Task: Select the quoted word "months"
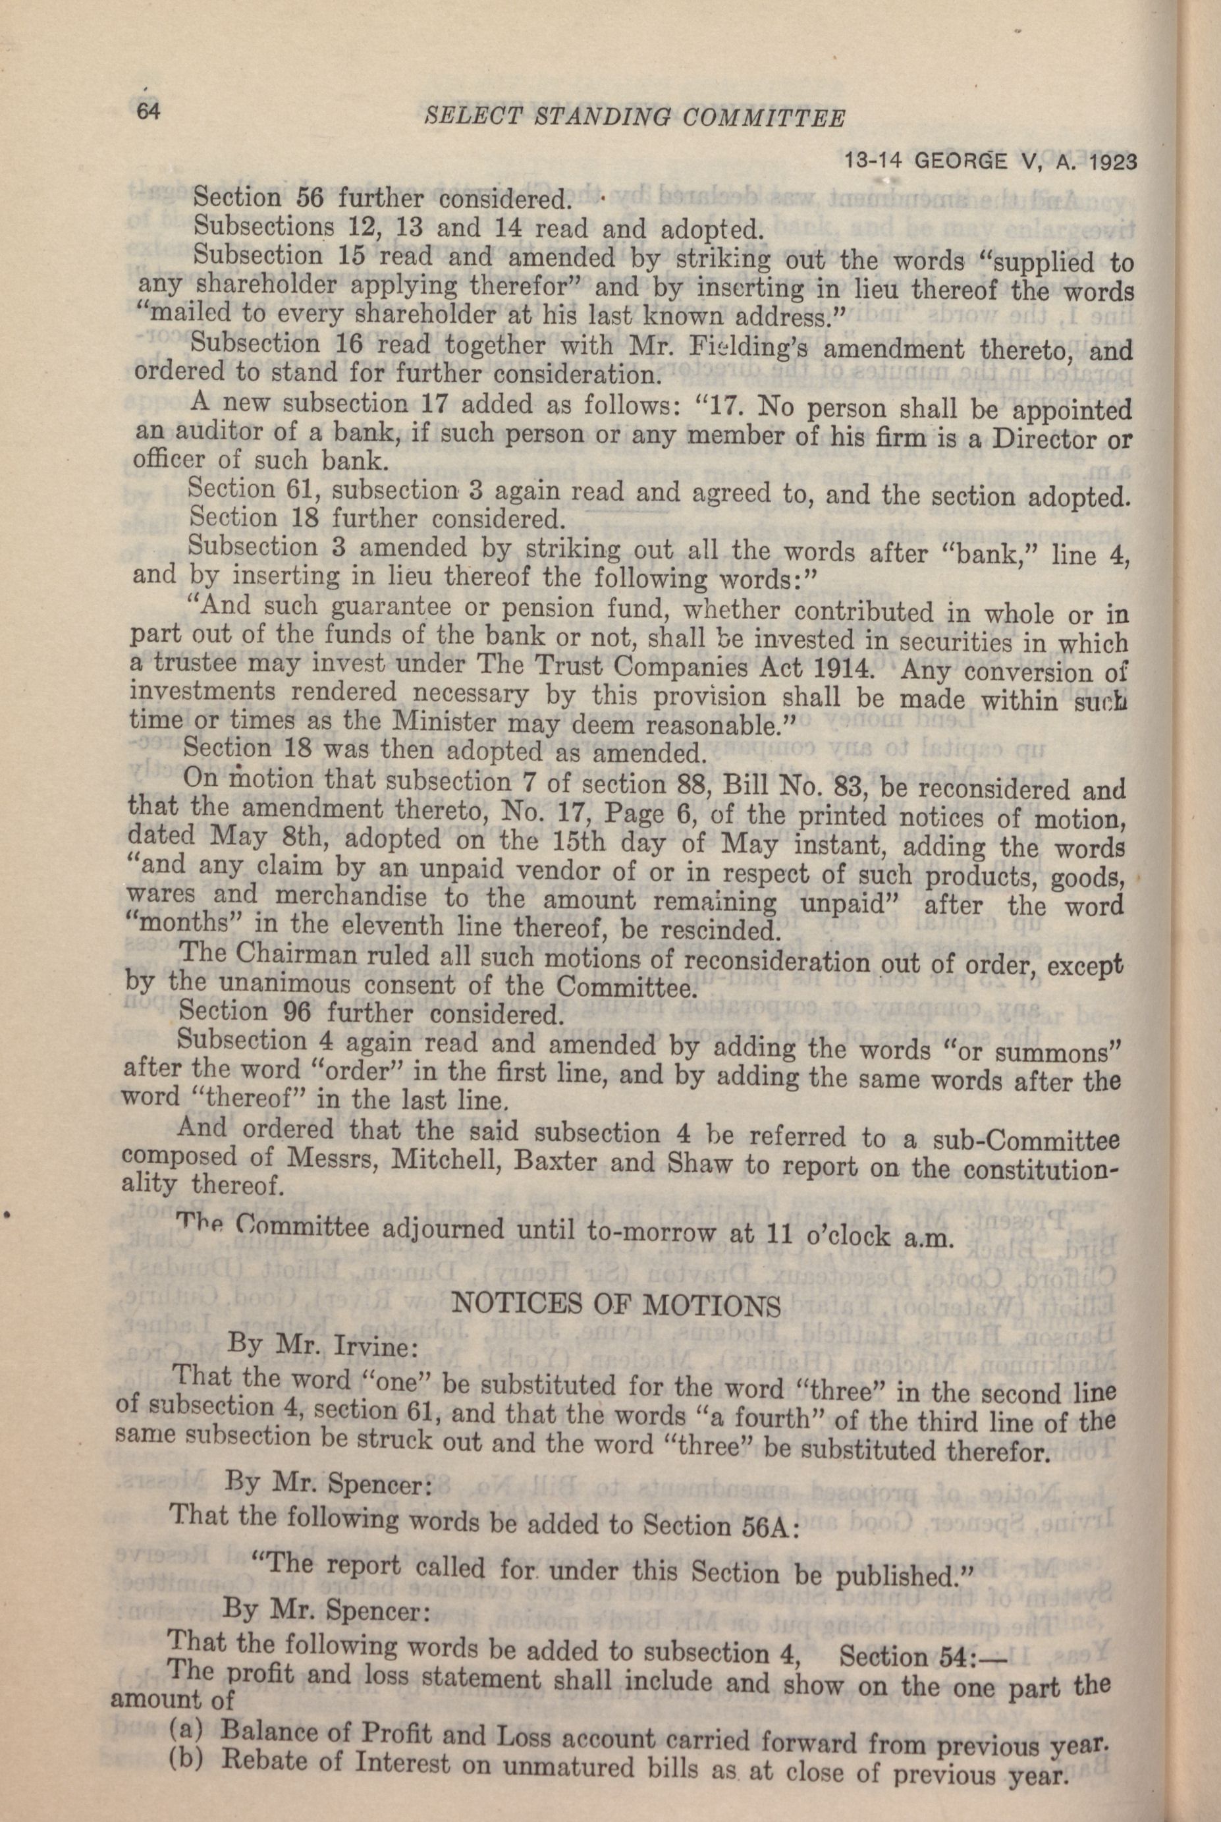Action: tap(175, 927)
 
